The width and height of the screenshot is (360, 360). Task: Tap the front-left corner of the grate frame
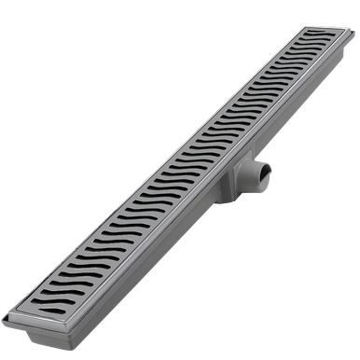pyautogui.click(x=10, y=313)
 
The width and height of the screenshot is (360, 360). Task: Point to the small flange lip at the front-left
pyautogui.click(x=7, y=321)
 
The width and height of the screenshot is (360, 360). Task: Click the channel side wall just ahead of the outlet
pyautogui.click(x=168, y=238)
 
